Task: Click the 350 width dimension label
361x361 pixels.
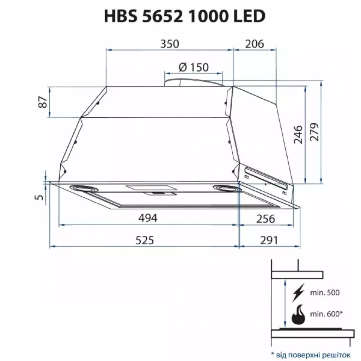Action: click(170, 44)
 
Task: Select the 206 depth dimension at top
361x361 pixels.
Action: click(254, 44)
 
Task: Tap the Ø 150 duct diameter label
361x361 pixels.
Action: click(194, 67)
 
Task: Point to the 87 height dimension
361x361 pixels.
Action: click(43, 102)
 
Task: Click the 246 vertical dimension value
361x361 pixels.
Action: click(298, 134)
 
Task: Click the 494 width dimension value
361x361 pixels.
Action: click(147, 218)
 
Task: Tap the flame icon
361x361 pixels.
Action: click(299, 314)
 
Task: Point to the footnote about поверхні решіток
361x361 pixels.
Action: click(311, 354)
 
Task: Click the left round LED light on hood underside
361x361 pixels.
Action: click(84, 188)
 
